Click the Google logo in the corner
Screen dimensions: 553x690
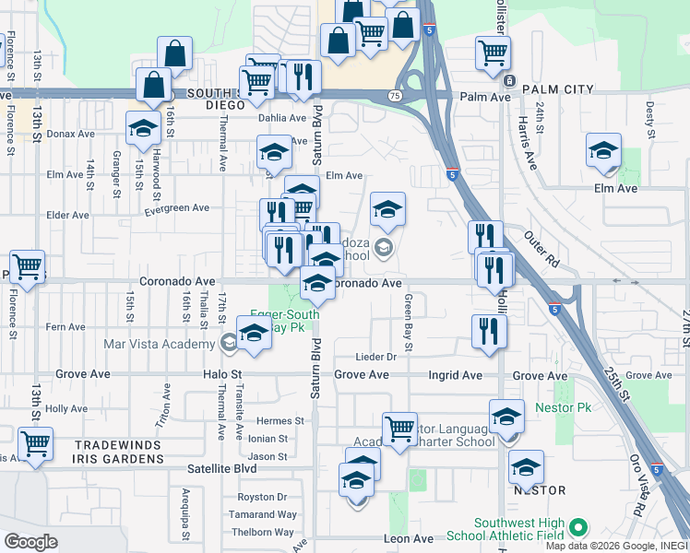tap(31, 542)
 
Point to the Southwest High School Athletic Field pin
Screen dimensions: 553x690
tap(578, 527)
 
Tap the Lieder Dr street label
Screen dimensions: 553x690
tap(376, 357)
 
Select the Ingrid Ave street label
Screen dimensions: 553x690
tap(455, 376)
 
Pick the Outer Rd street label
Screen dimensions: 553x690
tap(541, 247)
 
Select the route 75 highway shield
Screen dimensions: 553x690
tap(395, 96)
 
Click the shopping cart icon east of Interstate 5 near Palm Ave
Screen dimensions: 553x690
tap(494, 52)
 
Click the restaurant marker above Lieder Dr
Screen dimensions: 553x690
tap(489, 332)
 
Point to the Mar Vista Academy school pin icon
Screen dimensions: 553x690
tap(228, 344)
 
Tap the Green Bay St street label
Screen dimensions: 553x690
tap(407, 323)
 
